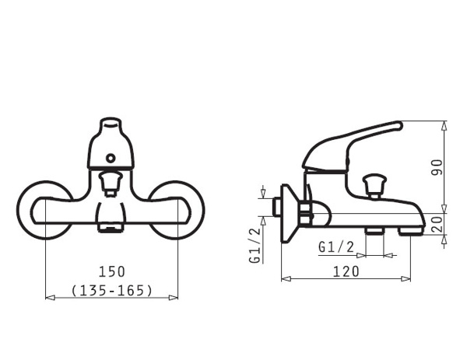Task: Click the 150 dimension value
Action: coord(112,272)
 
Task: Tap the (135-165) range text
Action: coord(112,290)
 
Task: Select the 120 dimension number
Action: coord(346,271)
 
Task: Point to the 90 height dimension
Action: coord(437,167)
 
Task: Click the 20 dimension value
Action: coord(437,224)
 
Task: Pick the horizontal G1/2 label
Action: coord(336,247)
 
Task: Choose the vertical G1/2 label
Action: coord(255,245)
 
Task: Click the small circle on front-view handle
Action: coord(111,158)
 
